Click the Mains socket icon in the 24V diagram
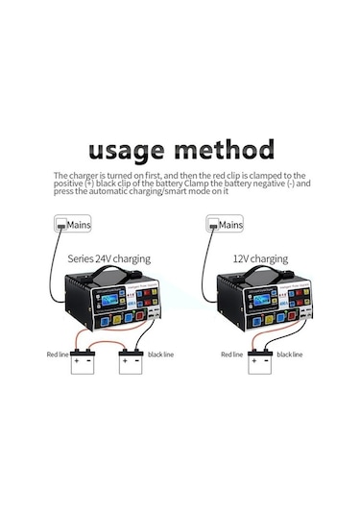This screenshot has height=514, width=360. [62, 225]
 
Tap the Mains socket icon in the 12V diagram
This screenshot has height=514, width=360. [213, 225]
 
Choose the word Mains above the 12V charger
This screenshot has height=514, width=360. [231, 225]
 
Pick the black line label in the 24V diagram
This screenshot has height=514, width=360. [161, 355]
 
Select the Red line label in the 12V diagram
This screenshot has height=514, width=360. [231, 355]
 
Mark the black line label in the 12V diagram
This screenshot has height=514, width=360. [290, 355]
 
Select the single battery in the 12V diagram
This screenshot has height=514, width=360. [260, 362]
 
